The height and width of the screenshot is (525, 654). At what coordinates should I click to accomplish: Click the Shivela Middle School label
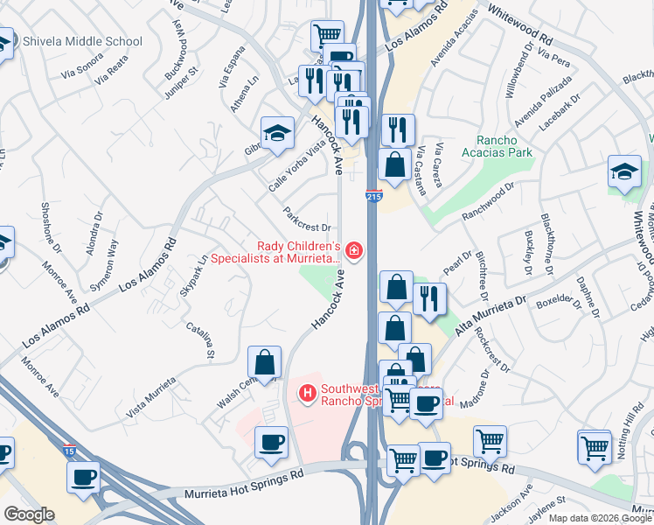pyautogui.click(x=82, y=41)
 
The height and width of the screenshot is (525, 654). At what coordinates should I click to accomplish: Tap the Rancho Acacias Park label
pyautogui.click(x=503, y=146)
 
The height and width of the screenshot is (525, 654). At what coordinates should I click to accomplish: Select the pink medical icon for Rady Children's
pyautogui.click(x=354, y=252)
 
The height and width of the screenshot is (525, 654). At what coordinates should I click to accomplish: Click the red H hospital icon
pyautogui.click(x=307, y=395)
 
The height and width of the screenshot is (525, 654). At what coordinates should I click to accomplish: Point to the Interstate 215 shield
pyautogui.click(x=374, y=197)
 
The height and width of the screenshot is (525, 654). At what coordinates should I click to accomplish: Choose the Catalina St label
pyautogui.click(x=200, y=340)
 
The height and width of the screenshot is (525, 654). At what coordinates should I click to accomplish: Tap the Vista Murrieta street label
pyautogui.click(x=152, y=396)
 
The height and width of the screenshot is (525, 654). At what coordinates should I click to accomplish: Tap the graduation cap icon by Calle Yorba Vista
pyautogui.click(x=277, y=133)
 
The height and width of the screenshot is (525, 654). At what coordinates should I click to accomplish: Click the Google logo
pyautogui.click(x=29, y=514)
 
